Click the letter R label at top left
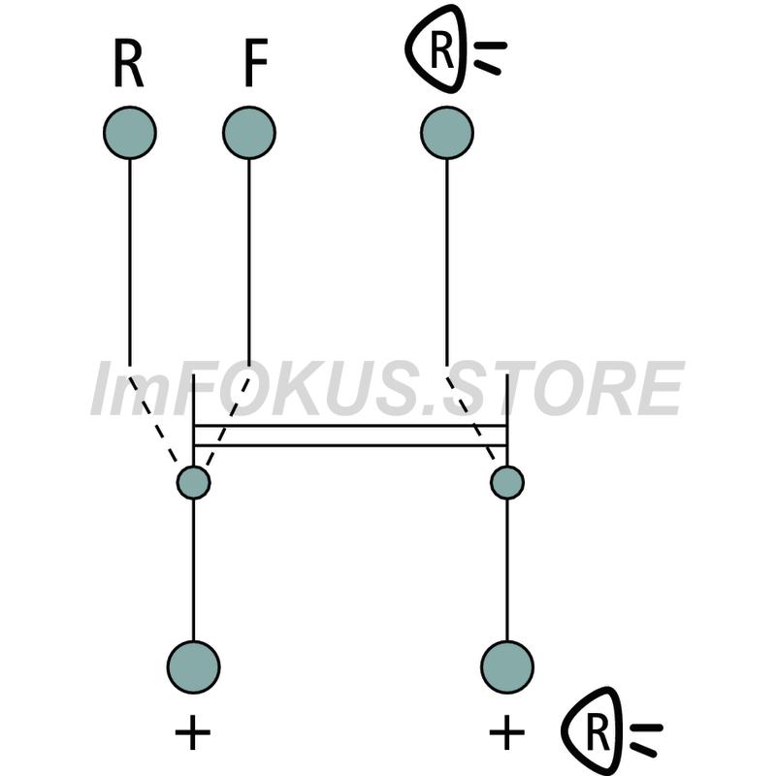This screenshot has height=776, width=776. [129, 63]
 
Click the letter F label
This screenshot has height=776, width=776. [256, 63]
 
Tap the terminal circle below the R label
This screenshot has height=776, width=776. [130, 133]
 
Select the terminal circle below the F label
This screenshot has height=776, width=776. [249, 133]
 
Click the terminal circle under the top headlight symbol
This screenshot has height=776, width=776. [447, 133]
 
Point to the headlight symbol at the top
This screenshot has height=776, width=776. [455, 48]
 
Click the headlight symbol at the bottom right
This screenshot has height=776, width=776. [612, 731]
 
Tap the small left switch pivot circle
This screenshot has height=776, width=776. [193, 482]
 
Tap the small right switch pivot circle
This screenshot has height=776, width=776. [507, 482]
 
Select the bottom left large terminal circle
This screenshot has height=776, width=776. [193, 667]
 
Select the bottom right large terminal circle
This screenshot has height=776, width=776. [507, 667]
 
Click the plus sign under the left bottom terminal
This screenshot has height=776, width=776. [193, 732]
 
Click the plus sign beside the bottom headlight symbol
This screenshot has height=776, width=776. [506, 732]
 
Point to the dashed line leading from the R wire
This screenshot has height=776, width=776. [153, 420]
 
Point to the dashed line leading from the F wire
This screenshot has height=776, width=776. [228, 420]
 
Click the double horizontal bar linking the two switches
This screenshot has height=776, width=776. [350, 436]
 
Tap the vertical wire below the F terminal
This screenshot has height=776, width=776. [249, 262]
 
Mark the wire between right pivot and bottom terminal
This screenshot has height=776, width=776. [507, 569]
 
